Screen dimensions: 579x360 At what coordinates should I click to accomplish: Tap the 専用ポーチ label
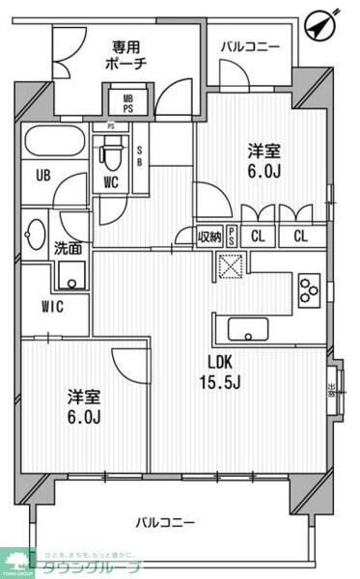tap(127, 55)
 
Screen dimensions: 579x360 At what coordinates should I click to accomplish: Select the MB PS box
tap(128, 101)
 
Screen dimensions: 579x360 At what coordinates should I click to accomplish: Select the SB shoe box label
tap(141, 155)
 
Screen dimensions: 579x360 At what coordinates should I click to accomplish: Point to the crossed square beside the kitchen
tap(232, 265)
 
